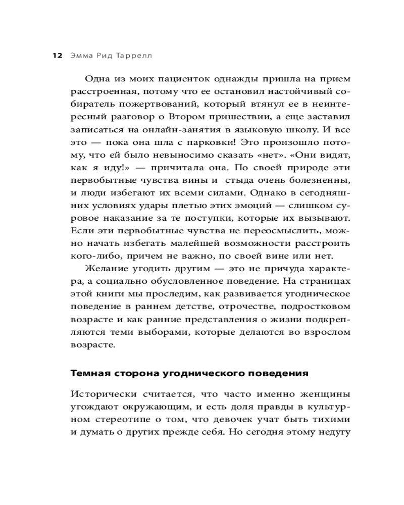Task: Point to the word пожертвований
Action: coord(144,105)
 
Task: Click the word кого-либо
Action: coord(92,256)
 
